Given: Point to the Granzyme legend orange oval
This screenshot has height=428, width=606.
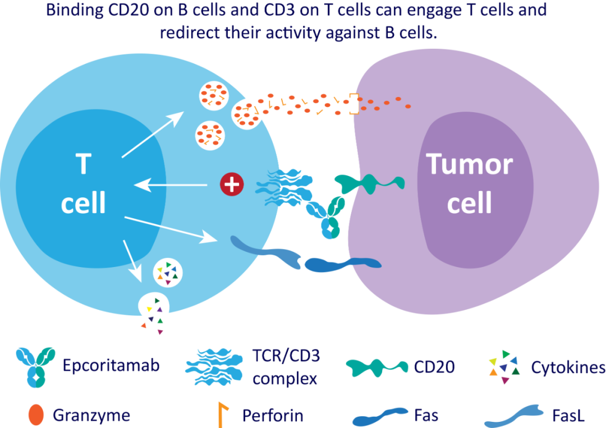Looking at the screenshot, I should pyautogui.click(x=35, y=415).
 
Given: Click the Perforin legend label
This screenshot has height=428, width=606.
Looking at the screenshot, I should pyautogui.click(x=273, y=416).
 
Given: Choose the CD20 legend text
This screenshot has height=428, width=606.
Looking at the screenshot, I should pyautogui.click(x=434, y=367).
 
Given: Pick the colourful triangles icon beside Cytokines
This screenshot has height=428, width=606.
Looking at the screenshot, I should pyautogui.click(x=503, y=366).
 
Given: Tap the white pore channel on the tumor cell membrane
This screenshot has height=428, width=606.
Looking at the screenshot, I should pyautogui.click(x=353, y=104).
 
